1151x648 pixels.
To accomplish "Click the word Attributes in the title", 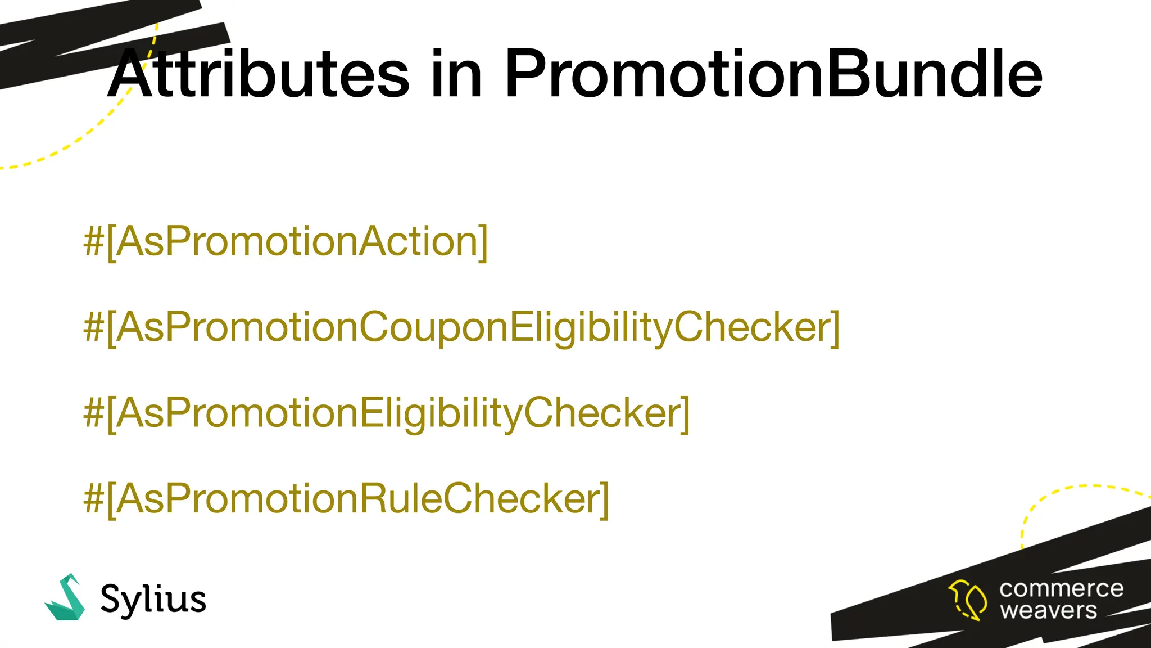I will [259, 74].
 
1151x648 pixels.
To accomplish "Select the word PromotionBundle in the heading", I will [773, 74].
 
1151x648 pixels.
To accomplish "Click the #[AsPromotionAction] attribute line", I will [286, 242].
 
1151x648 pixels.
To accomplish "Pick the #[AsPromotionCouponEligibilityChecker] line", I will [461, 327].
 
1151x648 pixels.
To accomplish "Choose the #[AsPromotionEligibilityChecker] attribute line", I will [386, 413].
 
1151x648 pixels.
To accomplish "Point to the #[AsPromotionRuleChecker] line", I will [346, 499].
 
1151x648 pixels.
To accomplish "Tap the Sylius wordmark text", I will [153, 600].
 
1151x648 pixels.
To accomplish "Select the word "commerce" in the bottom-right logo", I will [1061, 589].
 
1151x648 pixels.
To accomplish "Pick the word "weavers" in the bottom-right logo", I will [1048, 610].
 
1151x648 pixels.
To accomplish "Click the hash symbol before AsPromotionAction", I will [93, 242].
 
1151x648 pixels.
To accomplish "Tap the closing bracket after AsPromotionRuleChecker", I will [604, 499].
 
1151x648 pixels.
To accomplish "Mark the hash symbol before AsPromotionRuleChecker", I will [93, 499].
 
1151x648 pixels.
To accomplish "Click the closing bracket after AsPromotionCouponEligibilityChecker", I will [835, 328].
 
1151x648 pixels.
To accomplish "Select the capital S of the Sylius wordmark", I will [111, 598].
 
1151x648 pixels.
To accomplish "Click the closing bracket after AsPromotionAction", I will [483, 242].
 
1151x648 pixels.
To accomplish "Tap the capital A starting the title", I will [130, 74].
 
